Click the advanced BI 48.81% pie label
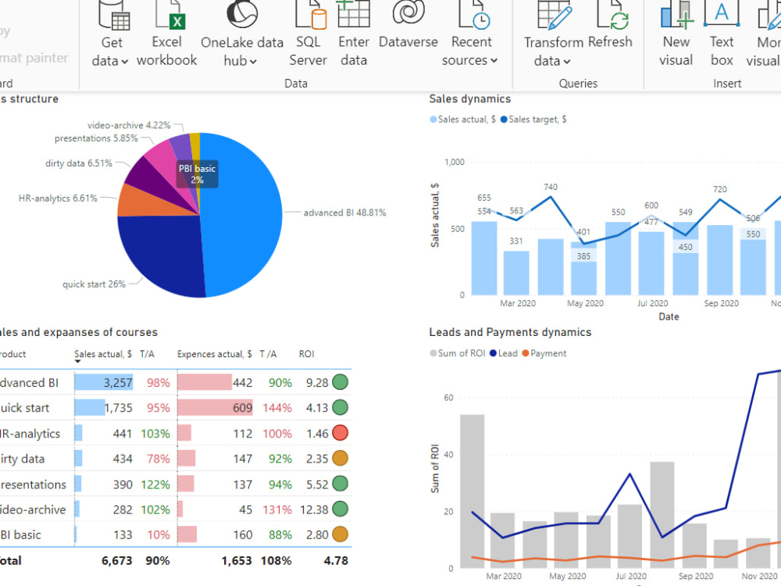(344, 213)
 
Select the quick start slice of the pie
(160, 254)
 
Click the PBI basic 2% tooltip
(197, 173)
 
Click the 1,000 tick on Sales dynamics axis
(455, 162)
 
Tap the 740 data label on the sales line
(551, 187)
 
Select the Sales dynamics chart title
(470, 98)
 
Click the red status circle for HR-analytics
(340, 433)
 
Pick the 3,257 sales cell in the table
(118, 383)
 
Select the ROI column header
(306, 354)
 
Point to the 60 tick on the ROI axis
(448, 398)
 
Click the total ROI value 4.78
(336, 560)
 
